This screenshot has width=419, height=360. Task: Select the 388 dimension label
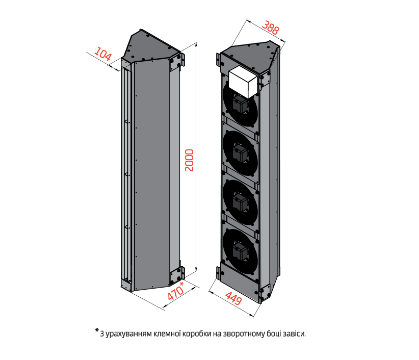[270, 27]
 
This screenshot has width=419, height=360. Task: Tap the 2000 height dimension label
[190, 160]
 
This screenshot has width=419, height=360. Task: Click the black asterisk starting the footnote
[97, 331]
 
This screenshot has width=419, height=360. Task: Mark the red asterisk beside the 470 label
[182, 284]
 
